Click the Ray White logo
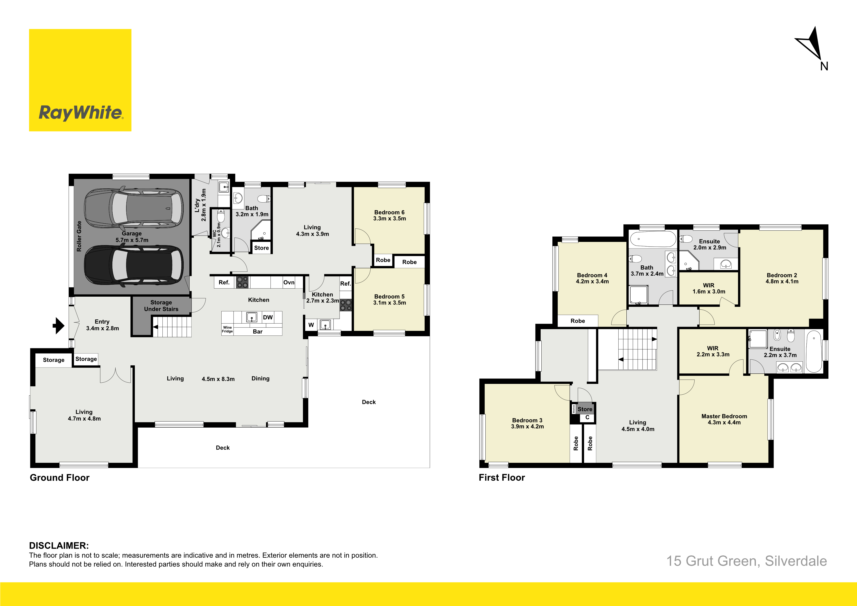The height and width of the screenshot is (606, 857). pos(80,80)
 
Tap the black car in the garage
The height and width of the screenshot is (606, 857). pos(134,266)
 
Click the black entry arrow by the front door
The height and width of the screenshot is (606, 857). pos(59,325)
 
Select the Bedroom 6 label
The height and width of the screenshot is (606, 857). pos(389,212)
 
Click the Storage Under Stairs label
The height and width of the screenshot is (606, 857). pos(161,306)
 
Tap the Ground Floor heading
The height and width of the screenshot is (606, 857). pos(60,477)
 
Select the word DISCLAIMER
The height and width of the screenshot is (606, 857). pos(59,545)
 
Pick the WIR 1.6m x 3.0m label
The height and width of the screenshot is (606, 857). pos(709,289)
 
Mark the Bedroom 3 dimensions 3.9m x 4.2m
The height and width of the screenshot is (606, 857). pos(527,426)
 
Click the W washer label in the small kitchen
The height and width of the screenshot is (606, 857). pos(311,325)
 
